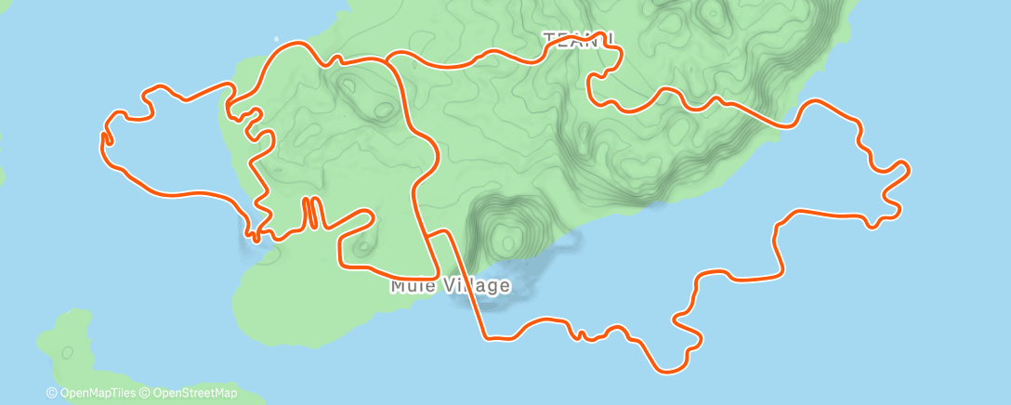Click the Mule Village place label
click(450, 285)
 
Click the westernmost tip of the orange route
click(102, 137)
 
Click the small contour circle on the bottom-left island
click(67, 352)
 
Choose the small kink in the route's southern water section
click(580, 333)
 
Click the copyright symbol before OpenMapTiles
click(51, 393)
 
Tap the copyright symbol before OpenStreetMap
click(147, 393)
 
